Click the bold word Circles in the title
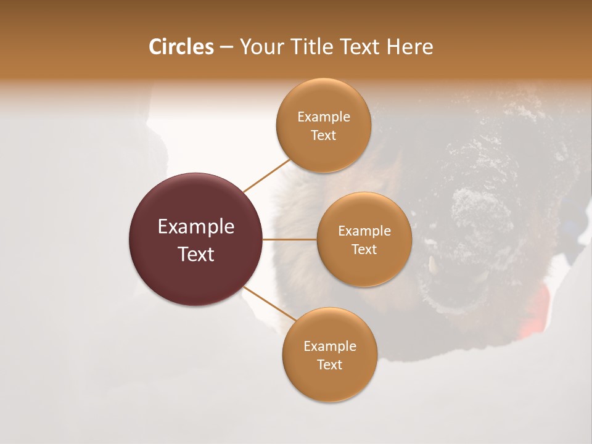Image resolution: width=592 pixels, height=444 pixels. click(181, 47)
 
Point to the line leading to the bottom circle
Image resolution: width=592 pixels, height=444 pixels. click(269, 303)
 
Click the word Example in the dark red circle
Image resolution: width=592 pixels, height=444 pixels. click(196, 227)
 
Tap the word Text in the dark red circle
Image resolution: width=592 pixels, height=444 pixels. click(196, 254)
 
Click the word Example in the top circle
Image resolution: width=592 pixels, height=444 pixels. click(324, 117)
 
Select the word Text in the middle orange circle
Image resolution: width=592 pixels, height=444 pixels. click(364, 249)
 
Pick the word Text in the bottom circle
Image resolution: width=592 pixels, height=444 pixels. click(329, 364)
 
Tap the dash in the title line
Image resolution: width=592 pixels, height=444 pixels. click(226, 47)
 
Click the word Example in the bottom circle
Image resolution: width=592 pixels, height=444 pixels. click(330, 346)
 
